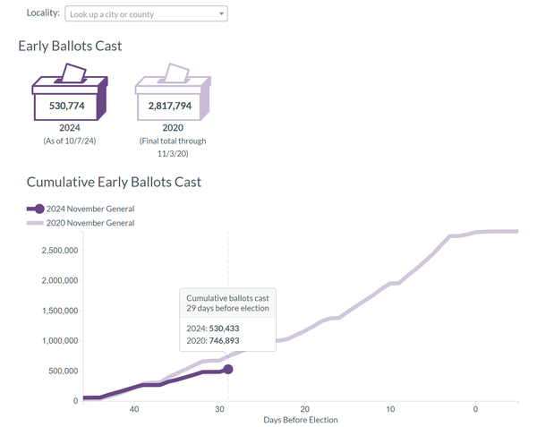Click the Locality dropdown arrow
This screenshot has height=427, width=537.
(x=221, y=14)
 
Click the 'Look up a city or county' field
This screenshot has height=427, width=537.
(x=143, y=14)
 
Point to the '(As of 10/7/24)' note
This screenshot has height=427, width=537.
(x=69, y=141)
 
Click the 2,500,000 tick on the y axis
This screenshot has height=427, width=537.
(x=62, y=250)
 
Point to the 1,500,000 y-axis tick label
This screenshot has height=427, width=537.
(x=62, y=311)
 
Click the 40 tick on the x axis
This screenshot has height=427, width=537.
(x=134, y=409)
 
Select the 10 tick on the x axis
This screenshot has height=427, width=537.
(x=390, y=409)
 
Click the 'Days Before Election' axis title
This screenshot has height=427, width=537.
(x=301, y=420)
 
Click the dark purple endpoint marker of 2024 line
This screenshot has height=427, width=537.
(x=228, y=369)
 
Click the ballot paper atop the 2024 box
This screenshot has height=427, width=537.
(x=72, y=73)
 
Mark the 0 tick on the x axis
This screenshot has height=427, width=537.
(x=475, y=409)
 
